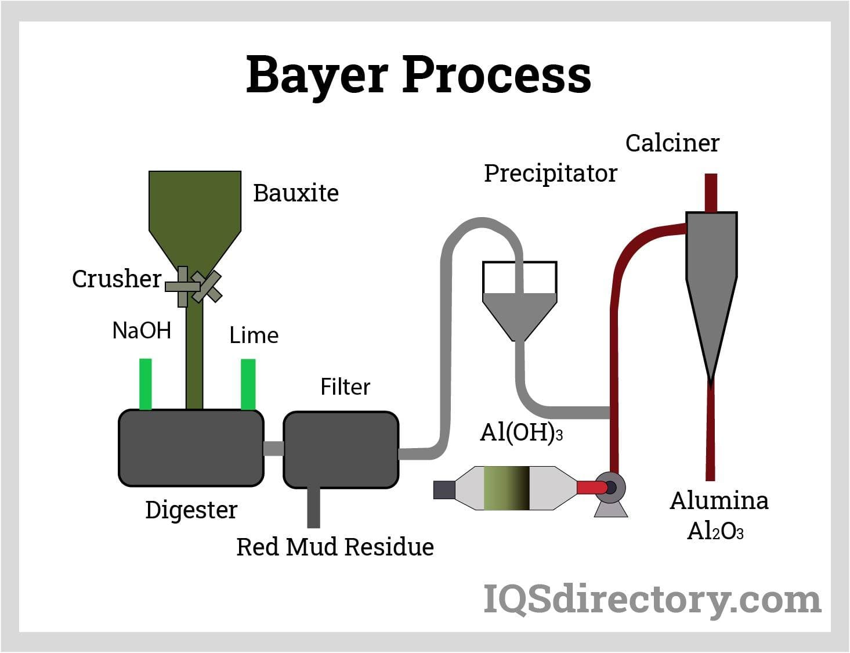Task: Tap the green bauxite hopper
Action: coord(195,209)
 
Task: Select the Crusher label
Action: coord(116,279)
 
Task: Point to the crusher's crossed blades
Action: coord(195,286)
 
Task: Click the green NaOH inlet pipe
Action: coord(145,384)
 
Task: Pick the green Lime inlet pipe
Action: coord(248,384)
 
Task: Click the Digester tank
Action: coord(191,448)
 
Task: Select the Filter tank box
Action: coord(341,450)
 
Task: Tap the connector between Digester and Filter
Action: coord(273,449)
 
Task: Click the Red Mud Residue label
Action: coord(335,547)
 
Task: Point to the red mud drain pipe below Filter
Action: coord(313,508)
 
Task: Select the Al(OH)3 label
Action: coord(521,432)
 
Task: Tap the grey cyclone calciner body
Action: coord(711,279)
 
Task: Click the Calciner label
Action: coord(672,143)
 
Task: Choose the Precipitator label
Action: coord(550,174)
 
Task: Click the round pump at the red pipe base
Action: coord(610,487)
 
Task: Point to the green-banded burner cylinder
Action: coord(507,488)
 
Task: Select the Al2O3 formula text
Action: coord(715,531)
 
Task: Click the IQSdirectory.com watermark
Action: coord(652,599)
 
